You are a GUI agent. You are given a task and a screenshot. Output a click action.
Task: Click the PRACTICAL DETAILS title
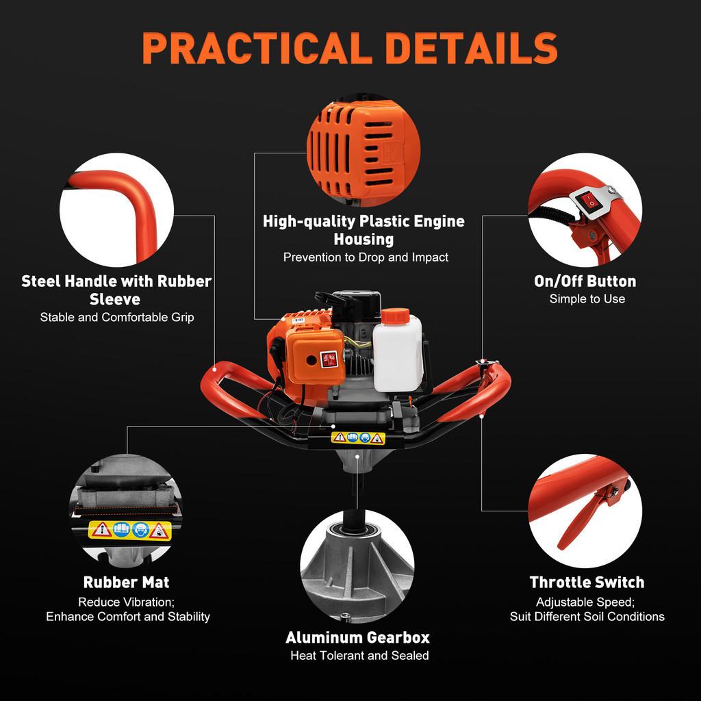[350, 48]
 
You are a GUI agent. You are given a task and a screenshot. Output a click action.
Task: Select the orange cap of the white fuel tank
[394, 318]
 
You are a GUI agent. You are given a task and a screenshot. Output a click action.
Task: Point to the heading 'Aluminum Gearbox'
[357, 637]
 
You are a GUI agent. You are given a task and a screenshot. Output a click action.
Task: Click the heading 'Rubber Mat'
[126, 583]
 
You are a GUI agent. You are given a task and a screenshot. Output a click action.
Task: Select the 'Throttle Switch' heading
[587, 583]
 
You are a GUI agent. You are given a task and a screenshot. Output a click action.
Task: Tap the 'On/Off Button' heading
[585, 281]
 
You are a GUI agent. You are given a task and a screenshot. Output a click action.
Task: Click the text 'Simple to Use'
[587, 299]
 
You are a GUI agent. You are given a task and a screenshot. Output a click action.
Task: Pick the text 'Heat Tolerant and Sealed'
[359, 656]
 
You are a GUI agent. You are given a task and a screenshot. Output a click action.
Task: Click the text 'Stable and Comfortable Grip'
[116, 317]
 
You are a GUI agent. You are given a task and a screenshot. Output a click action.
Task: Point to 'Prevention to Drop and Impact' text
[366, 257]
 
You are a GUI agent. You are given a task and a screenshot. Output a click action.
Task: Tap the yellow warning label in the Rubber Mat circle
[129, 529]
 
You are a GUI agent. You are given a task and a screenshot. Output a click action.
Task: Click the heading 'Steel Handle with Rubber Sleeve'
[116, 290]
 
